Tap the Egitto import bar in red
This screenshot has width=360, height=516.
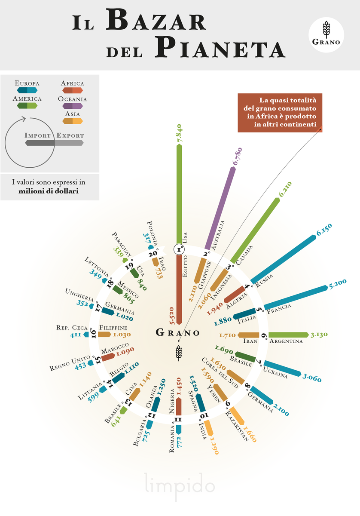pos(179,289)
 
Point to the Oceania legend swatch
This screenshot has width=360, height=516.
pos(73,106)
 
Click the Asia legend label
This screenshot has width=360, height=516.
pos(73,114)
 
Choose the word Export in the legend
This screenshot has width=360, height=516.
pos(70,135)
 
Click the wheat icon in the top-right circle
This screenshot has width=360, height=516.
pos(326,30)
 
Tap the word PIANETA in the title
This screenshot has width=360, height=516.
pos(220,47)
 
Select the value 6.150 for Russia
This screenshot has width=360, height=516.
pos(324,230)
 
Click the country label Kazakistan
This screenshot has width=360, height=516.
pos(237,426)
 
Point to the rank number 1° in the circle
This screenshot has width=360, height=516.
pos(179,249)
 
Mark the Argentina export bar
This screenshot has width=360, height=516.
pos(288,335)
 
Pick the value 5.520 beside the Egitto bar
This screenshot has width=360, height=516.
pos(172,316)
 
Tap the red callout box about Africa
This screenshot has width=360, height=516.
pos(280,113)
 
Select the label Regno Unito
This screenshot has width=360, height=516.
pos(70,363)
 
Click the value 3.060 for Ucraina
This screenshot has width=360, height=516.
pos(312,378)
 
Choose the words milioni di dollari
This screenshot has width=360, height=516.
pos(49,191)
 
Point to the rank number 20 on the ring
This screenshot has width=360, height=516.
pos(153,254)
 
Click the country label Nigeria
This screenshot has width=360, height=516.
pos(172,401)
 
